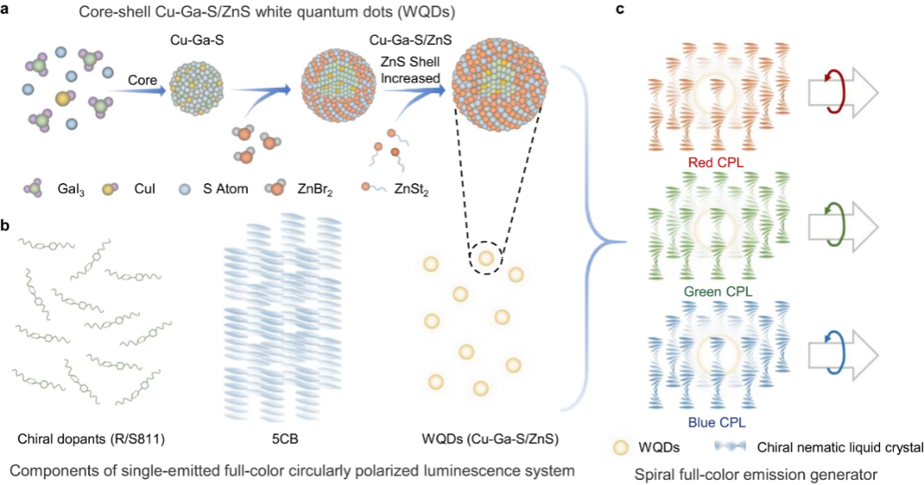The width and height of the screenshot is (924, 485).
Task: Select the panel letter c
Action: coord(619,10)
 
